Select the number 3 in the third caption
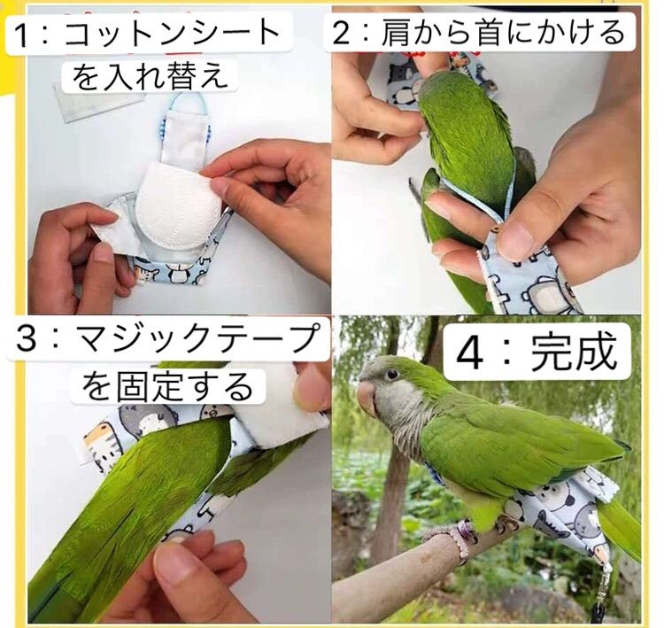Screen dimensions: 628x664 click(27, 340)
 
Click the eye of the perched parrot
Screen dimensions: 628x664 click(391, 374)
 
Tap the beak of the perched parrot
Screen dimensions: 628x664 click(366, 399)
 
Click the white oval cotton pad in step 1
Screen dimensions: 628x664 click(179, 202)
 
